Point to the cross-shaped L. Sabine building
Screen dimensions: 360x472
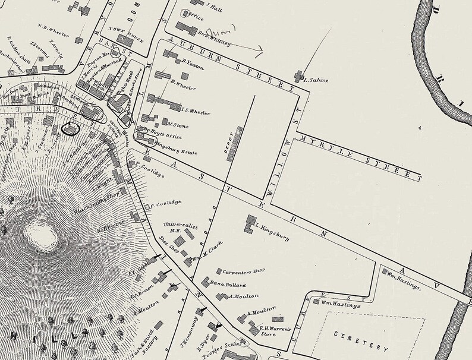point(298,75)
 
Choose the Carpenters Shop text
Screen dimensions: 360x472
point(242,272)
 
